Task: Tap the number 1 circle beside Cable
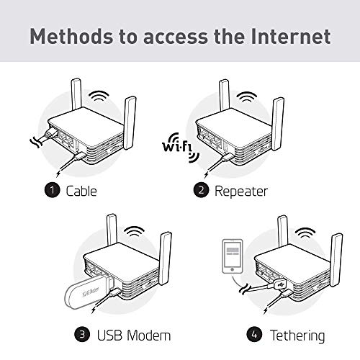pos(52,191)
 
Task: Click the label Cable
pos(81,191)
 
